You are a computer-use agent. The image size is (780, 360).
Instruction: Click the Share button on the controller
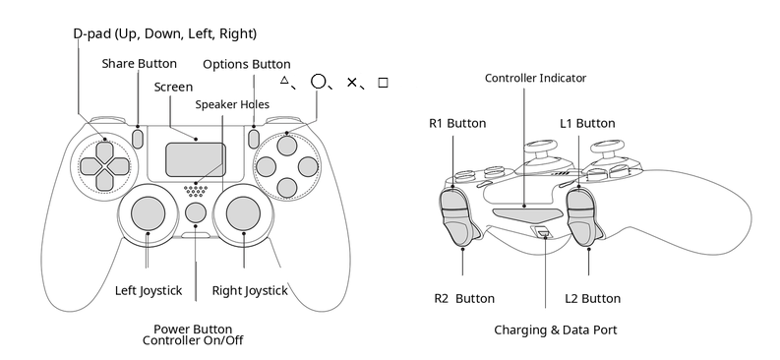(x=138, y=138)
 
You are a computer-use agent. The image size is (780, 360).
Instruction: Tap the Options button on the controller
(x=254, y=138)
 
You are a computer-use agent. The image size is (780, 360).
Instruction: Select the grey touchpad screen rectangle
(x=196, y=159)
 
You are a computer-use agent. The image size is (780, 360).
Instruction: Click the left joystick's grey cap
(x=148, y=213)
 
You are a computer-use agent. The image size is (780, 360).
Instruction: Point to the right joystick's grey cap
(x=243, y=213)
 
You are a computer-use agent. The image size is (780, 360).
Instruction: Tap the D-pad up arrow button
(x=104, y=150)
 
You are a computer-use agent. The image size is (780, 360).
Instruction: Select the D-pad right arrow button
(x=119, y=166)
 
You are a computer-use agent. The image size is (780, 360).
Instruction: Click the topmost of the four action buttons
(x=286, y=145)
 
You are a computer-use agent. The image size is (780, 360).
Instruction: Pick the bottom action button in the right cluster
(x=286, y=188)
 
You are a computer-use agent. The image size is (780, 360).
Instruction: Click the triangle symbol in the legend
(x=284, y=80)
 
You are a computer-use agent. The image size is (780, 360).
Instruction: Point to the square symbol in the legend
(x=383, y=83)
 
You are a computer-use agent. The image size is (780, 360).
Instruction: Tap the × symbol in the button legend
(x=352, y=82)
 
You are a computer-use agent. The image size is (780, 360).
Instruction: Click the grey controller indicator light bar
(x=528, y=213)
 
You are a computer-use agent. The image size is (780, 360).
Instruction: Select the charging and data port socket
(x=542, y=231)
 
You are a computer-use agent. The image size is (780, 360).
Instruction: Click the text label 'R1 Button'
(x=457, y=123)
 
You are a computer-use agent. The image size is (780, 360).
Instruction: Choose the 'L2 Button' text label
(x=592, y=299)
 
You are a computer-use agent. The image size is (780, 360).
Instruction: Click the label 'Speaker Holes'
(x=232, y=104)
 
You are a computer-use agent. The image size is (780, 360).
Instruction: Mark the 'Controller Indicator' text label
(x=535, y=78)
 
